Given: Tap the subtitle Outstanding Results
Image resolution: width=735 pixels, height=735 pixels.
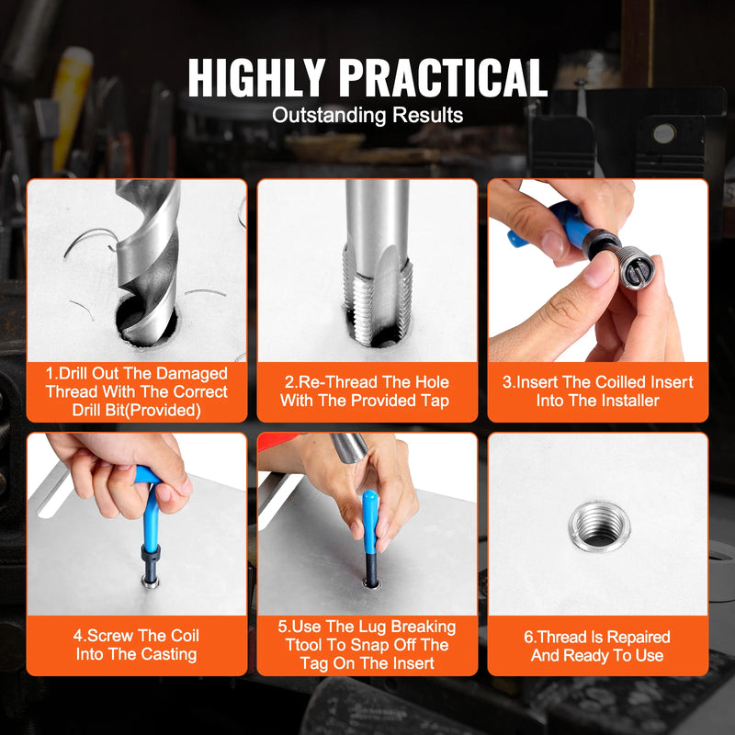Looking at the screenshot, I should pos(367,116).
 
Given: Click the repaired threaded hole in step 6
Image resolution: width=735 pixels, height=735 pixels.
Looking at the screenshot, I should pos(598,525).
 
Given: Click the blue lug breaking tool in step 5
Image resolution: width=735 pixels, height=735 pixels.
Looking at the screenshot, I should pos(369,524).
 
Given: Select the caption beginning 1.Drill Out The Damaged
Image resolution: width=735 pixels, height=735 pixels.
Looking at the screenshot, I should pos(137,392).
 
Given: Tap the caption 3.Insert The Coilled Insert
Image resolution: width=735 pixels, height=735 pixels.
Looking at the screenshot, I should pos(598,391).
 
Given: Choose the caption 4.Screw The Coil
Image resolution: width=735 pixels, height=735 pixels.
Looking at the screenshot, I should pos(137,645).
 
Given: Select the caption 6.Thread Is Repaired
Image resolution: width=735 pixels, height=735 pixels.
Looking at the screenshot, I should pos(598,646).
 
